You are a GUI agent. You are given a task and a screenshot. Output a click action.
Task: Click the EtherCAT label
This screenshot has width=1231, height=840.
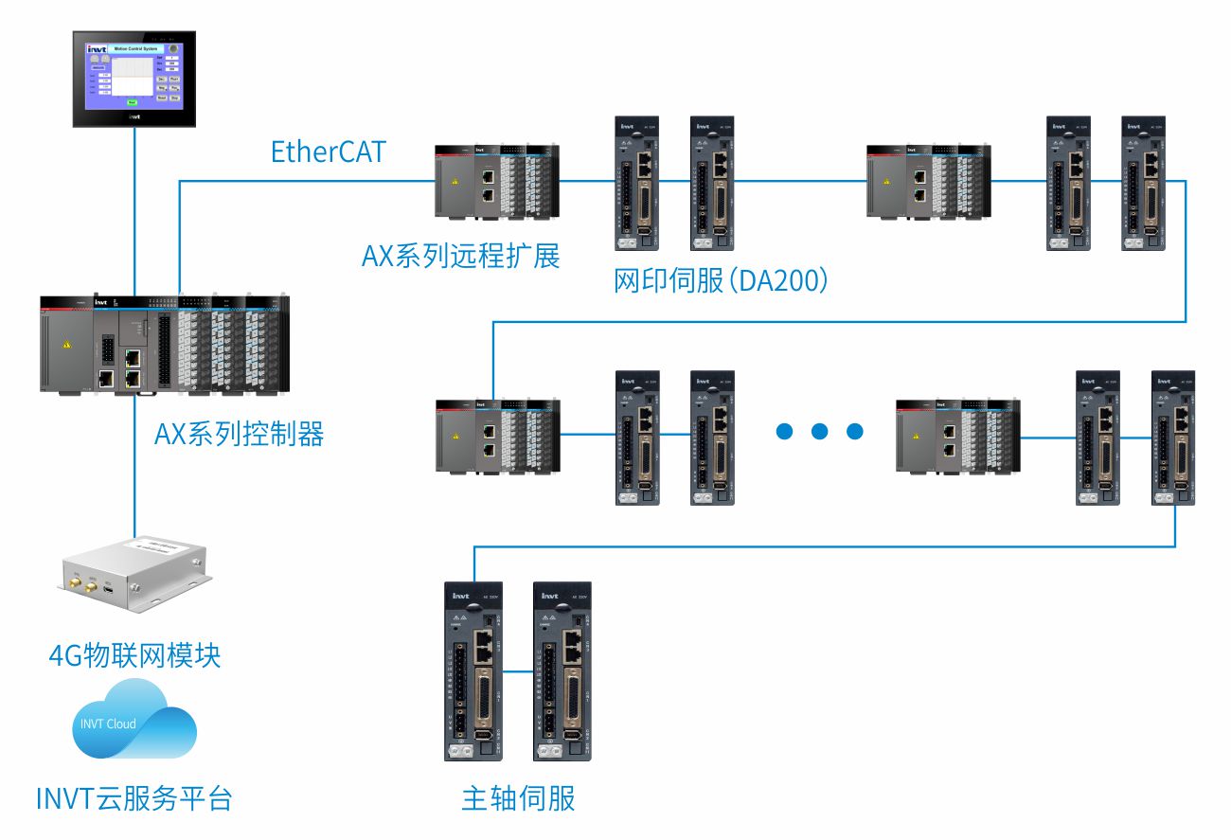(x=329, y=152)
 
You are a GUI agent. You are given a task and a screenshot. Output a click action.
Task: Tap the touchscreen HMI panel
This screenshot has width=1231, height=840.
(x=134, y=79)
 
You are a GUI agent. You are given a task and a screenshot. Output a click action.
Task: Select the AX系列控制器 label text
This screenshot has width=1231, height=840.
(x=239, y=434)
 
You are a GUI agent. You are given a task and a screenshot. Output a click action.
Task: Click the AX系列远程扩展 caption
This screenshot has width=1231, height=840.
(x=460, y=256)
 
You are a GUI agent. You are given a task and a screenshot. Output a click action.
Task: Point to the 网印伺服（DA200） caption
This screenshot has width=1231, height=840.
(x=722, y=280)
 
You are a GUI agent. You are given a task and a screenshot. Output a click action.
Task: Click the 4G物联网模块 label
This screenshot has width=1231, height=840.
(x=134, y=654)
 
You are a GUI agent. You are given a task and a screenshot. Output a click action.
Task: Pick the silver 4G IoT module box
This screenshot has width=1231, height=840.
(x=132, y=572)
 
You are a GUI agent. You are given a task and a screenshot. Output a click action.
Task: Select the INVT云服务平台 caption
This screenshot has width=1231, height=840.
(x=134, y=798)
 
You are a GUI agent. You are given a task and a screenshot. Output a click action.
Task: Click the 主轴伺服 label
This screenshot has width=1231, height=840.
(x=518, y=798)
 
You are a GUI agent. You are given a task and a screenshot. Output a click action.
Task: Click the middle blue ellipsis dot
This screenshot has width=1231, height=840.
(x=820, y=432)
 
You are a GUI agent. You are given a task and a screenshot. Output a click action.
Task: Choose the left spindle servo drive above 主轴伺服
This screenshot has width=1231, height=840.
(x=474, y=671)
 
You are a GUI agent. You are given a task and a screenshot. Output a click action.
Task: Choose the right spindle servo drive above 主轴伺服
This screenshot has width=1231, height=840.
(x=562, y=671)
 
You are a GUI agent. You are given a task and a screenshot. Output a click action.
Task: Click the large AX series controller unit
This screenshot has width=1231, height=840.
(x=166, y=345)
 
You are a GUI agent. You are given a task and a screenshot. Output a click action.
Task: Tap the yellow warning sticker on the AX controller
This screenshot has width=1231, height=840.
(x=65, y=346)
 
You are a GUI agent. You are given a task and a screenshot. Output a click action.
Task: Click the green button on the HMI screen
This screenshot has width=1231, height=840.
(x=132, y=101)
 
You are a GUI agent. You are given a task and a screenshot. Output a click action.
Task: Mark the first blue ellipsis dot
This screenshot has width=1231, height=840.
(x=785, y=432)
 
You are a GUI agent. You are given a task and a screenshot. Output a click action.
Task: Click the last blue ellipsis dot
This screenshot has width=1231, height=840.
(x=855, y=432)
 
